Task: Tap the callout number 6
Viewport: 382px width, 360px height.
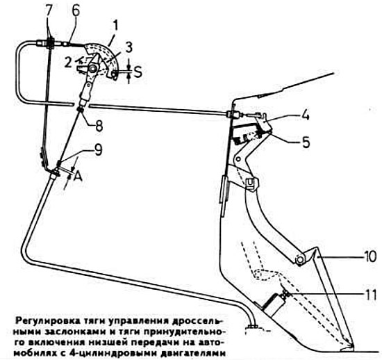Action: [x=75, y=10]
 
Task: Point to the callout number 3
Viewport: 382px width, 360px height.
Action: [x=128, y=48]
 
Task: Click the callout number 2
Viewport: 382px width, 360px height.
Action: [x=68, y=62]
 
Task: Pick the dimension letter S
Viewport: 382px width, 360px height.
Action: [x=138, y=72]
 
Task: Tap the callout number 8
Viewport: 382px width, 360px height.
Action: [x=99, y=125]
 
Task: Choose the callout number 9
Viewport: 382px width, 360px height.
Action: [x=98, y=150]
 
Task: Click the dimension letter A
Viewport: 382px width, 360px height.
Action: [x=78, y=175]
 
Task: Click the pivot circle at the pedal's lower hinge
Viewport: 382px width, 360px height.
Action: [x=299, y=260]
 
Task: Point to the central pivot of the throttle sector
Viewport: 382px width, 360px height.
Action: [x=92, y=69]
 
